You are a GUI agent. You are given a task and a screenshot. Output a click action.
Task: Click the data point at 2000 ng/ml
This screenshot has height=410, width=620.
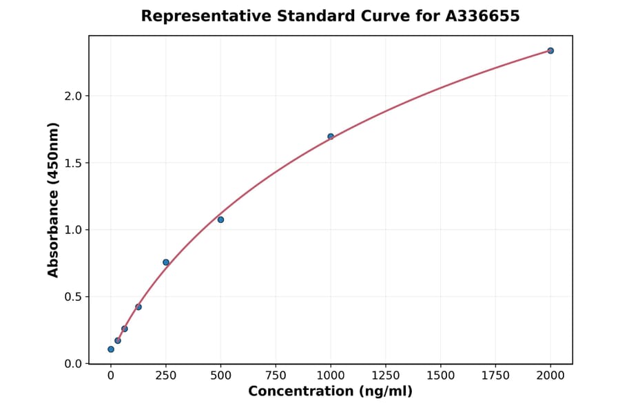[550, 50]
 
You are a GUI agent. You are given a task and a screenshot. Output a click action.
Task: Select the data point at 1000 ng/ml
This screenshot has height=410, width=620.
[331, 137]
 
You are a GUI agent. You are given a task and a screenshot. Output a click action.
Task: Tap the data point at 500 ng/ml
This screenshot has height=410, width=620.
[220, 219]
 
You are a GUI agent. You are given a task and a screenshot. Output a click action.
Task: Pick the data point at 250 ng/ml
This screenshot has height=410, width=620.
[166, 262]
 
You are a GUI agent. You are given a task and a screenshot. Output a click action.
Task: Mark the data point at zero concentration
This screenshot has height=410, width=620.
[111, 349]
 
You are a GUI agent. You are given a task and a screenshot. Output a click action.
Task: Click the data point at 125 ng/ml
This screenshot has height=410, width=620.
[138, 306]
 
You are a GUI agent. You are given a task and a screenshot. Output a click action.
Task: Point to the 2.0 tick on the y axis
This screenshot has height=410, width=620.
[74, 96]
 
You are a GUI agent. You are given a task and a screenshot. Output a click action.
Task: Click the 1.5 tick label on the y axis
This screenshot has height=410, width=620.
[74, 163]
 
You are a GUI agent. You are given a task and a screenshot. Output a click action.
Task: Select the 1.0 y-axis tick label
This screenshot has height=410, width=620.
[74, 230]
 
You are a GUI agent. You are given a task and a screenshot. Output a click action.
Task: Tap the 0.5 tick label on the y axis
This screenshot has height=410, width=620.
[74, 297]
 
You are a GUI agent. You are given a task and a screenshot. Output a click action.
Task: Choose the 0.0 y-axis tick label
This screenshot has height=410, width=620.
[74, 364]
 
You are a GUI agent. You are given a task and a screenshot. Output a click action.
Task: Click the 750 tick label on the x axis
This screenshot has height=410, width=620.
[276, 375]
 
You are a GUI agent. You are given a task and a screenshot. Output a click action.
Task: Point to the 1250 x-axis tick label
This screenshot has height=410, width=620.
[386, 375]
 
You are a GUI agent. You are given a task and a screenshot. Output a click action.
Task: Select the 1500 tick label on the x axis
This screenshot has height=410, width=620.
[441, 375]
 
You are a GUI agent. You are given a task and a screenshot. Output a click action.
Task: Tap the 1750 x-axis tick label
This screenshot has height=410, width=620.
[495, 375]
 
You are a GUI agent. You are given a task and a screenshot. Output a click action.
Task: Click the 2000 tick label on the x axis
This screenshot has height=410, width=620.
[550, 375]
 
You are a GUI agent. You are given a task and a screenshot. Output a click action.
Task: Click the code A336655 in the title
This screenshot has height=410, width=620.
[482, 16]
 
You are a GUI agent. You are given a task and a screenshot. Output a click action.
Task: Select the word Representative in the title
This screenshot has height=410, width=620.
[196, 16]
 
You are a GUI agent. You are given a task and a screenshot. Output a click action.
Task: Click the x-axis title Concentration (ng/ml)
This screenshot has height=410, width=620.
[331, 392]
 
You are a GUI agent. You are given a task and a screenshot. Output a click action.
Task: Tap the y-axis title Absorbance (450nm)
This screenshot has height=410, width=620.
[54, 199]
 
